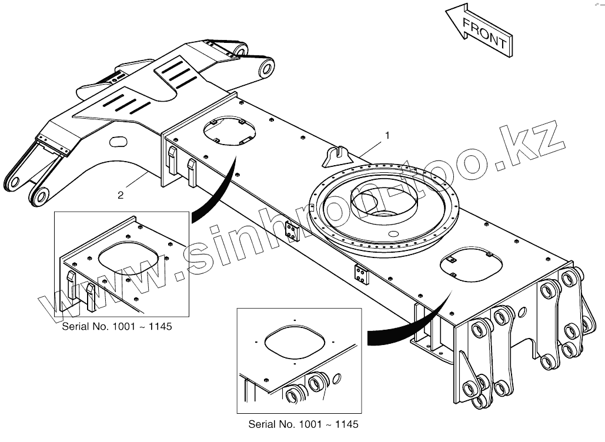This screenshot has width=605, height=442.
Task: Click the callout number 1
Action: point(387,135)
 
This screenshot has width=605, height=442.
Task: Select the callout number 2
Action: point(121,195)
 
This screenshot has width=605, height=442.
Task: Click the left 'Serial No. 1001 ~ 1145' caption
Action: point(117,326)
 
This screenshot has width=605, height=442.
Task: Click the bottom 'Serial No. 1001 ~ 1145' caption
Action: point(303,424)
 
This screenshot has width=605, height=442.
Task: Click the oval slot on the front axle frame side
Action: point(118,141)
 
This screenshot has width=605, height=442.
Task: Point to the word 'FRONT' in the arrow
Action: point(484,34)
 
